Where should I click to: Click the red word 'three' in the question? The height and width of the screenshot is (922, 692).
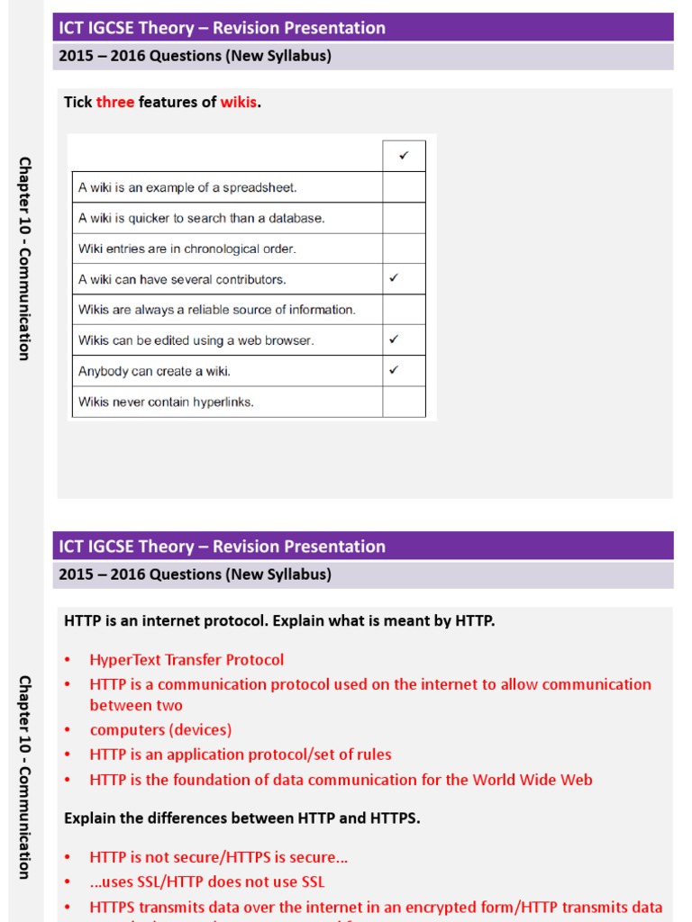pyautogui.click(x=115, y=102)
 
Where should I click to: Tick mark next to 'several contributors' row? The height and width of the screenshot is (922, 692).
pyautogui.click(x=394, y=278)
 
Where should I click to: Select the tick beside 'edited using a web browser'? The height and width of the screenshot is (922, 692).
pyautogui.click(x=394, y=339)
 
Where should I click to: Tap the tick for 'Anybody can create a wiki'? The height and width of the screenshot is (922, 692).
pyautogui.click(x=394, y=370)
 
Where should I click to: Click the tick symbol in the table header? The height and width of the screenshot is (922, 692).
pyautogui.click(x=404, y=156)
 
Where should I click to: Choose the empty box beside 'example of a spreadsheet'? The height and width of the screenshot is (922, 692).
pyautogui.click(x=404, y=187)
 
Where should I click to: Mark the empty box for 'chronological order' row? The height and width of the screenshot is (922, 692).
pyautogui.click(x=404, y=249)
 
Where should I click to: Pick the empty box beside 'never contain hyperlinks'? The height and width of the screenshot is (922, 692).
pyautogui.click(x=404, y=402)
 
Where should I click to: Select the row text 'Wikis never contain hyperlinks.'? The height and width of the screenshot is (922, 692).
pyautogui.click(x=166, y=402)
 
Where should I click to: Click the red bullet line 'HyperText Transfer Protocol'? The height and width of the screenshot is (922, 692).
pyautogui.click(x=187, y=660)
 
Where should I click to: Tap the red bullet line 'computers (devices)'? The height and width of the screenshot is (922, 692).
pyautogui.click(x=160, y=730)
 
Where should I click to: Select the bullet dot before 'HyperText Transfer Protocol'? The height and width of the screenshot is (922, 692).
pyautogui.click(x=68, y=661)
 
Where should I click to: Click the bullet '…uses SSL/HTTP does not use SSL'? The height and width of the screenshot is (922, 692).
pyautogui.click(x=207, y=882)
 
